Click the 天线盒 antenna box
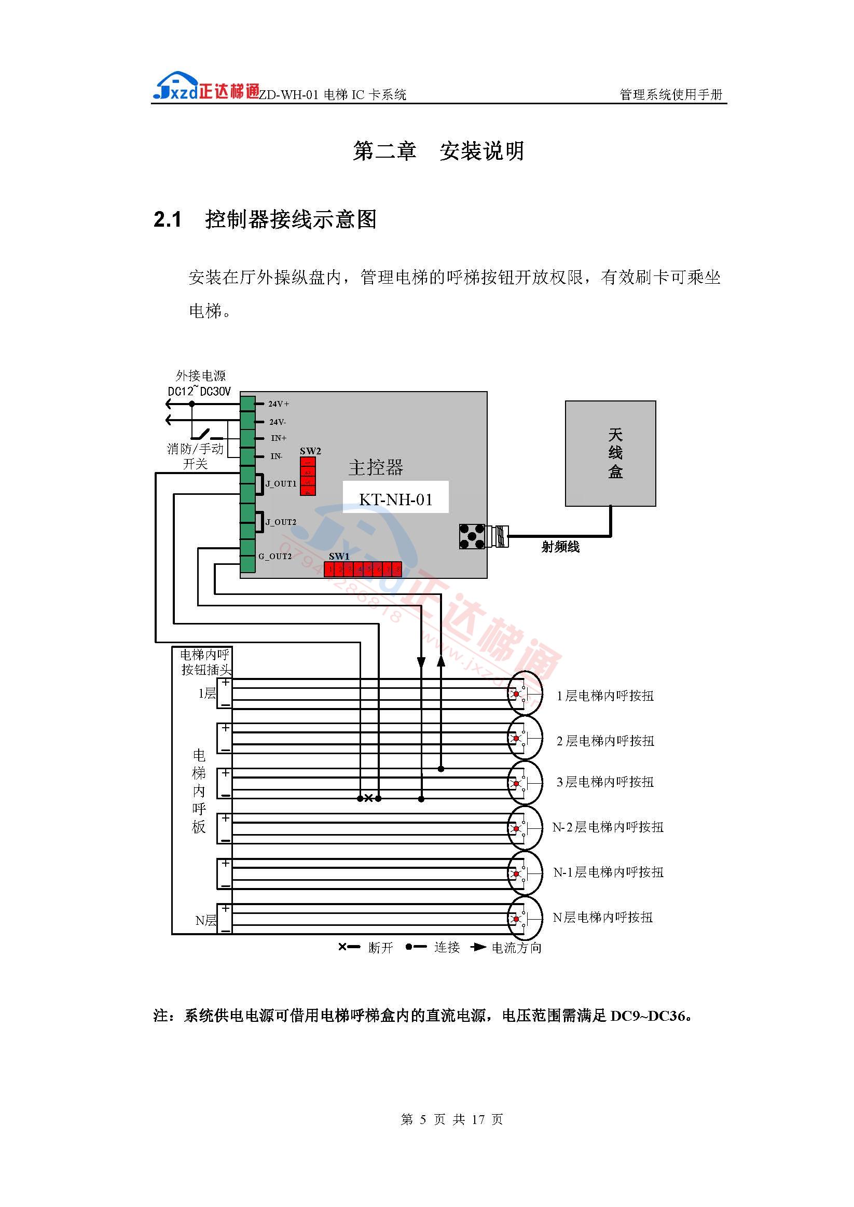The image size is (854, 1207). pos(610,453)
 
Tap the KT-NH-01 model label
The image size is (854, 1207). pos(395,499)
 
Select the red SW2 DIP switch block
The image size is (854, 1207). pos(308,476)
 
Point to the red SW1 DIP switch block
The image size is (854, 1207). pos(363,569)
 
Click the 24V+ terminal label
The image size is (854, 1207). pos(279,404)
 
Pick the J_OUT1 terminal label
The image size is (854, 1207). pos(281,483)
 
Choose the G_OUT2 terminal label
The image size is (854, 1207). pos(274,556)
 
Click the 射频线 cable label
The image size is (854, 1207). pos(560,547)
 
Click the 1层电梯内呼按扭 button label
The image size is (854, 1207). pos(605,696)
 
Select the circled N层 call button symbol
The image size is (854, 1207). pos(525,919)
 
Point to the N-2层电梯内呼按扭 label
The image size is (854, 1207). pos(608,827)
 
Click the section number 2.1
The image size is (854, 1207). pos(168,219)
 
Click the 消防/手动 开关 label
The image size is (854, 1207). pos(195,456)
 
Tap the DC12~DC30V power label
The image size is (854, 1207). pos(199,391)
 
